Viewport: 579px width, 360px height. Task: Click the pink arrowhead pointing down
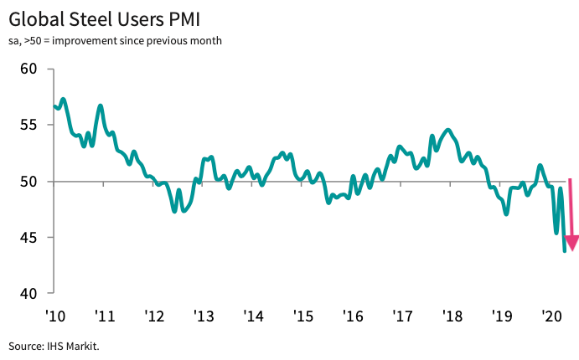(572, 244)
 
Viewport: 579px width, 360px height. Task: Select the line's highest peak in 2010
(64, 99)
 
